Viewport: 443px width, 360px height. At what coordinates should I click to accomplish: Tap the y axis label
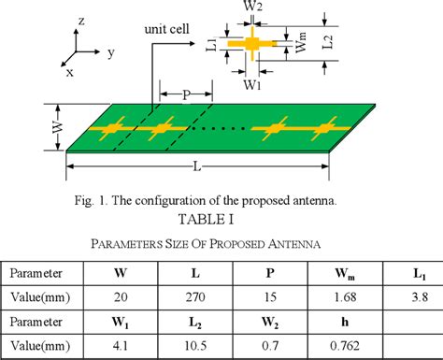point(110,53)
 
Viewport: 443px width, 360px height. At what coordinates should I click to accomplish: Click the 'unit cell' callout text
point(166,29)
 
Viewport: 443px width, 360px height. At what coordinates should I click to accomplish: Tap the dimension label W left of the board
point(54,124)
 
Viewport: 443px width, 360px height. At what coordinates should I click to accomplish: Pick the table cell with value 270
point(195,298)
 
